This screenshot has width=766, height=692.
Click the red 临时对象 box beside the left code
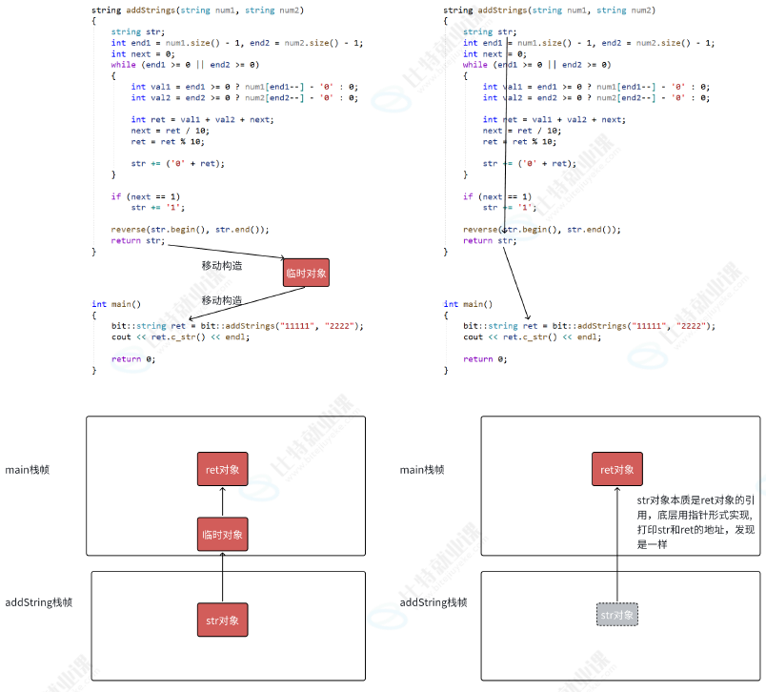pos(306,273)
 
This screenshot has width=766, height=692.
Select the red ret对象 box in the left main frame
pos(222,469)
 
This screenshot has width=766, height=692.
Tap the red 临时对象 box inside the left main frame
pos(222,535)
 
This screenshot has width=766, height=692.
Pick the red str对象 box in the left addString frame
pos(222,620)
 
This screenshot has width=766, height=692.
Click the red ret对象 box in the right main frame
pos(616,469)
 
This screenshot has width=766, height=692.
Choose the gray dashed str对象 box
pos(617,615)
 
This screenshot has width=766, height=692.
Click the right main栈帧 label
pos(422,470)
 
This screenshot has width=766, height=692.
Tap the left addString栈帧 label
pos(39,602)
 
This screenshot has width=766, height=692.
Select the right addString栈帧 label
pos(433,602)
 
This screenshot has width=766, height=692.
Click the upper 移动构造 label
pos(221,265)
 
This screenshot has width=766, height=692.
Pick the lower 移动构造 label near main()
pos(221,300)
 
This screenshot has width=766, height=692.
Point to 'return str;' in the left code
pos(137,241)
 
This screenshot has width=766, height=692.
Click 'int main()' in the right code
pos(468,304)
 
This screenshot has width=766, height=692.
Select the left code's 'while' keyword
pos(123,65)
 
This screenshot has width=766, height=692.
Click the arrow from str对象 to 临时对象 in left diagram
pos(222,577)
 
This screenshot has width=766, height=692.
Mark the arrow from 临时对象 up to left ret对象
pos(222,502)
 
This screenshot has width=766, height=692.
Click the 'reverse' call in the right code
pos(479,230)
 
